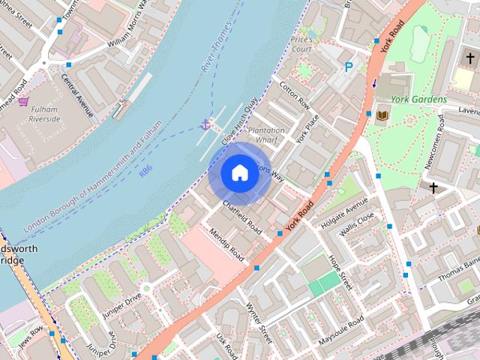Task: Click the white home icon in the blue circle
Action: point(238,172)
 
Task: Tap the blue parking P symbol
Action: point(349,67)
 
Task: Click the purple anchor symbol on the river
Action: point(205,124)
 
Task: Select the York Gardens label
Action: point(418,99)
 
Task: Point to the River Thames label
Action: point(217,55)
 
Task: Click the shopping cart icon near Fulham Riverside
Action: point(23,101)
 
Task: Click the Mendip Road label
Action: point(226,244)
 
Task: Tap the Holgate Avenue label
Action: point(344,212)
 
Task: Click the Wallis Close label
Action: point(356,227)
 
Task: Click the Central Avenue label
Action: point(76,94)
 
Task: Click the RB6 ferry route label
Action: point(145,172)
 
